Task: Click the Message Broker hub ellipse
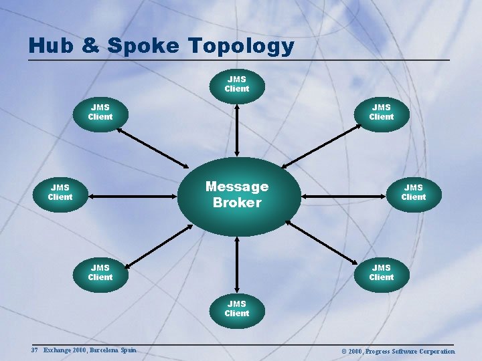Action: point(236,195)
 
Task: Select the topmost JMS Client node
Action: point(236,84)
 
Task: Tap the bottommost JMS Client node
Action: point(236,309)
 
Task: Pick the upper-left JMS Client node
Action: point(100,112)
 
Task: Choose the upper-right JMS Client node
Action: point(381,112)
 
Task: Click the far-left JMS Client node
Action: point(60,193)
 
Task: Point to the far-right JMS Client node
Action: point(413,193)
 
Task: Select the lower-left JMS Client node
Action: point(100,273)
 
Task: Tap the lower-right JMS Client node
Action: point(381,273)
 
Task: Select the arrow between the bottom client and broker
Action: point(236,265)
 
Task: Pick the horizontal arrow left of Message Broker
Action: point(134,197)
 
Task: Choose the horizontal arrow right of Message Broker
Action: point(344,197)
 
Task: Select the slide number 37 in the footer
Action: point(34,350)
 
